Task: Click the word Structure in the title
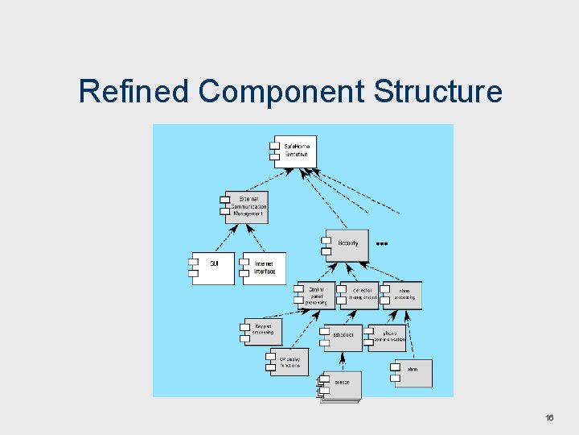(x=437, y=92)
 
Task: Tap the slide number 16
(x=550, y=417)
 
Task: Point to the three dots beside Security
(x=382, y=242)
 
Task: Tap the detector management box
(x=360, y=295)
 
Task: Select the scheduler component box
(x=343, y=338)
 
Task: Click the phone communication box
(x=388, y=338)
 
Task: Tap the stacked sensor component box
(x=341, y=386)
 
